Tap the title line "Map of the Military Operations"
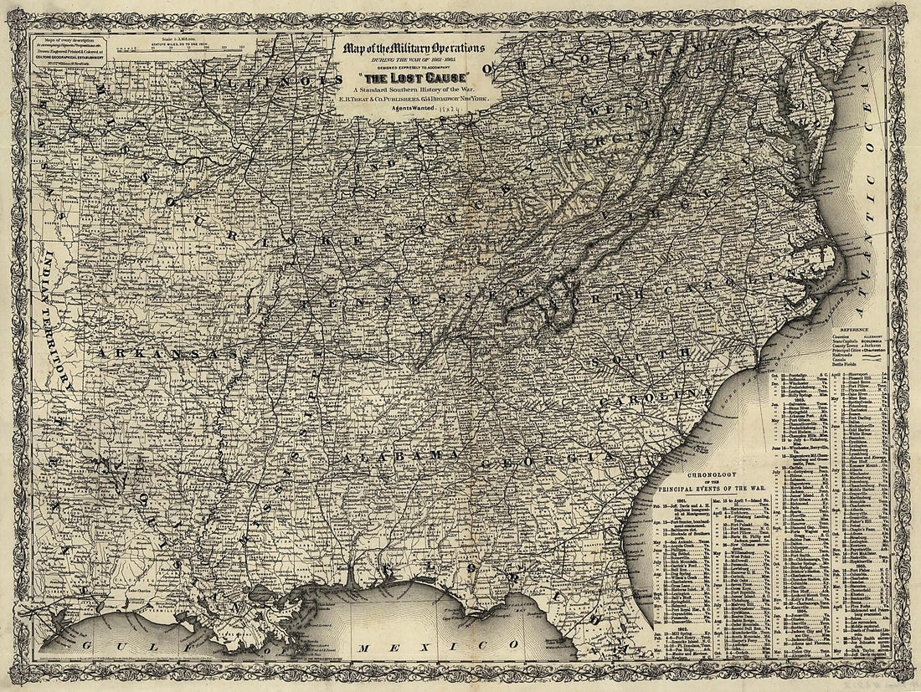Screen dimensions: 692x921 point(413,47)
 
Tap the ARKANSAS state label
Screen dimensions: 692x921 point(167,354)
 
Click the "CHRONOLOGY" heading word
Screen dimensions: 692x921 point(712,475)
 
